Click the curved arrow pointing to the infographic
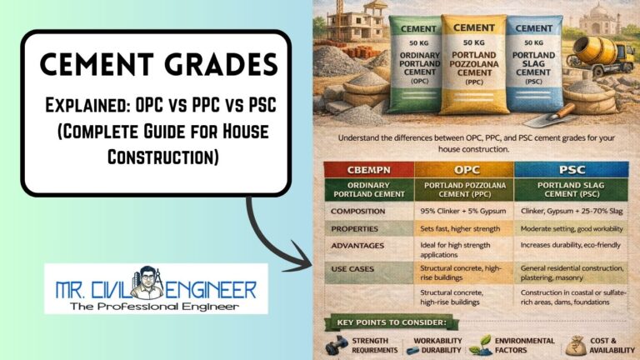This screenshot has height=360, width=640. [x=275, y=232]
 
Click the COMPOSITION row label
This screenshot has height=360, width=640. [x=358, y=211]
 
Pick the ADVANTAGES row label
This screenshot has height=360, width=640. [x=357, y=246]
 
